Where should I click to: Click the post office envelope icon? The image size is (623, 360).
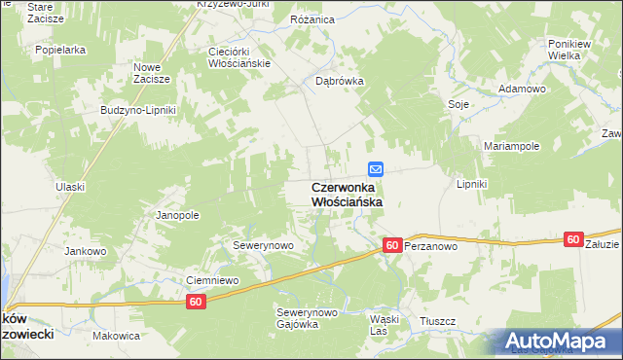coord(376,168)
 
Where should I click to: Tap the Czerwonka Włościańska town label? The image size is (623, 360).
coord(347,194)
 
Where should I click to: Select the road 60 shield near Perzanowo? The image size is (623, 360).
coord(392,246)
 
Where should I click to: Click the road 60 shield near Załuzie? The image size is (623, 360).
coord(572,239)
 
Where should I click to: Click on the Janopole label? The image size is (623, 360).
coord(178,215)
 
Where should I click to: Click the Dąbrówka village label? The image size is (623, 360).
coord(339,82)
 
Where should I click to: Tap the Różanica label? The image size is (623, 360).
coord(311,18)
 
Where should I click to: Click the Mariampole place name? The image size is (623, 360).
coord(512,146)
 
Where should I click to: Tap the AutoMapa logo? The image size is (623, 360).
coord(560,342)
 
